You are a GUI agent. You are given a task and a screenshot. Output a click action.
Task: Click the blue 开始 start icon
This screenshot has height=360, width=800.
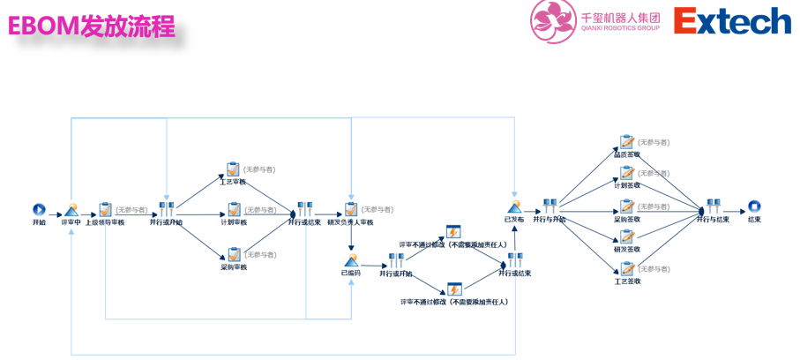39,209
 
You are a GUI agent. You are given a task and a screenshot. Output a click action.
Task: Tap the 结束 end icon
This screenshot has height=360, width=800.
754,208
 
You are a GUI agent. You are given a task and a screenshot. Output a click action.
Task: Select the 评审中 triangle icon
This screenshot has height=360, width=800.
71,210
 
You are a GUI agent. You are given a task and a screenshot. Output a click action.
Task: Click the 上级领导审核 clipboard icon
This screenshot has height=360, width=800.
106,209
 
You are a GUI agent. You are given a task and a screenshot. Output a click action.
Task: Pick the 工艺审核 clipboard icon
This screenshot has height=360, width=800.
234,169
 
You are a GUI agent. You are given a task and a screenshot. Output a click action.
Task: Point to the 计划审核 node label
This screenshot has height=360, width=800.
234,222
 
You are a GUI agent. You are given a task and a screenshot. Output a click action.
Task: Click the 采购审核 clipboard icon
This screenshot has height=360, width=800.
234,254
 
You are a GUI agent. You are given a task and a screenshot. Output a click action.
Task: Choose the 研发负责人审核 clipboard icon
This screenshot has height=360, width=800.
351,209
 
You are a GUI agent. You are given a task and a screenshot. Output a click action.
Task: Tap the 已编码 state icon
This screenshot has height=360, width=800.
351,260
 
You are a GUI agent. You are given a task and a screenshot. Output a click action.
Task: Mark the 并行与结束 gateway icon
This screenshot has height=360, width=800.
713,206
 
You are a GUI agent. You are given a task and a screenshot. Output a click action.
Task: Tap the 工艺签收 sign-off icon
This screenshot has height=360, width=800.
627,268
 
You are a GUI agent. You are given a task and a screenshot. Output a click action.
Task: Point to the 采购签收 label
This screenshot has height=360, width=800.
627,219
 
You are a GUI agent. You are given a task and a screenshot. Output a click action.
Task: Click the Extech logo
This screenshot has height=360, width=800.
732,20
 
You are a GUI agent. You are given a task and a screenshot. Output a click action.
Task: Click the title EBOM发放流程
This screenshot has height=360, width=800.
92,26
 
